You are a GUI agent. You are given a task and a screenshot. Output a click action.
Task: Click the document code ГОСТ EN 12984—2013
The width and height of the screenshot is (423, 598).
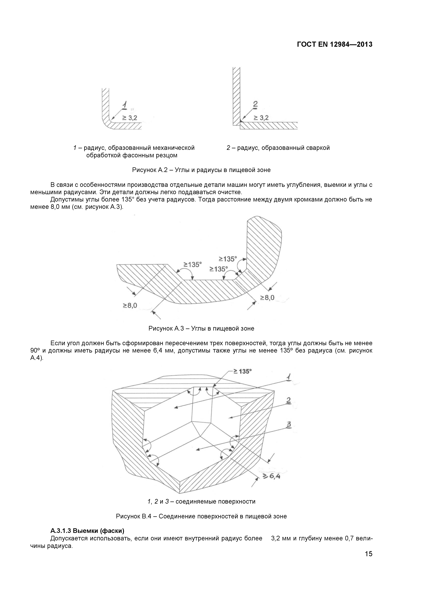[x=335, y=44]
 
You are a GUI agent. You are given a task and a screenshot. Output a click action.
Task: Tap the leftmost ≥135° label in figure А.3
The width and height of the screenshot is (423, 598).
[x=193, y=265]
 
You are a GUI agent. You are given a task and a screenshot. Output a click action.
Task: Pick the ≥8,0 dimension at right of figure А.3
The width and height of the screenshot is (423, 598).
[x=267, y=297]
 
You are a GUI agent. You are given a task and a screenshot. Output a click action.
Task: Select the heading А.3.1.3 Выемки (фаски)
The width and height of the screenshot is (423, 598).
[x=87, y=531]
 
